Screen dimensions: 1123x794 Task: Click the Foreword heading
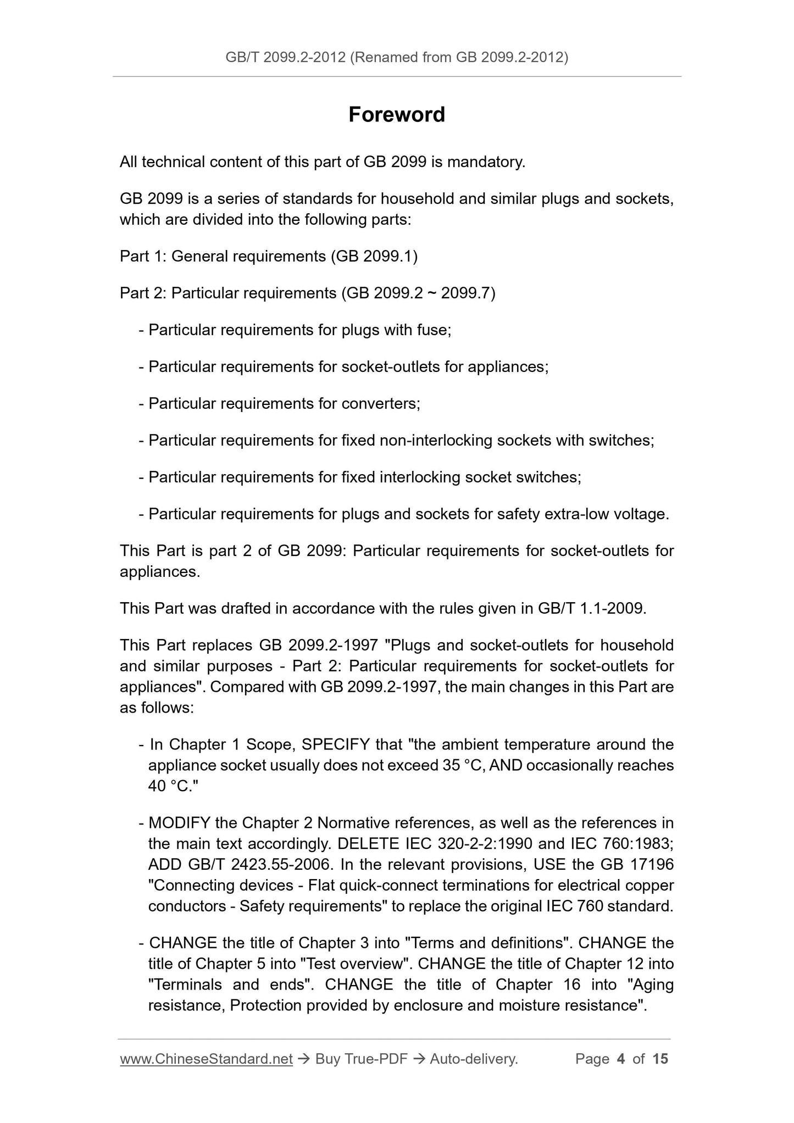397,115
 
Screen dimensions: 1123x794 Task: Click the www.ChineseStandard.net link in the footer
206,1059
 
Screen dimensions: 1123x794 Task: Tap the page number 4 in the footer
621,1059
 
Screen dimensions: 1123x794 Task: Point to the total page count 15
660,1059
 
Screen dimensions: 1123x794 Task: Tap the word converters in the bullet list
380,404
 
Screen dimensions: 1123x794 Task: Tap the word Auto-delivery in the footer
474,1059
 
